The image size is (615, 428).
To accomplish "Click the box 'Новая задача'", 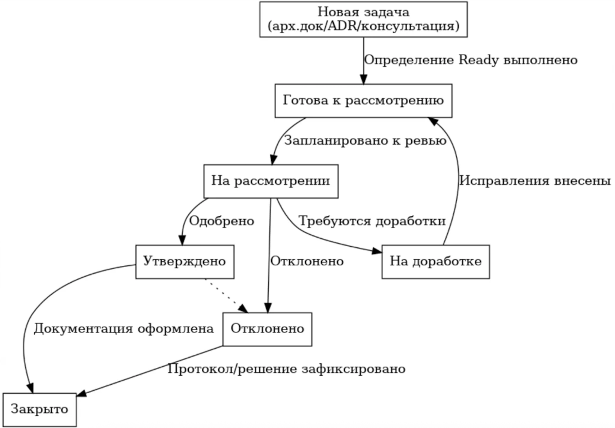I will pos(363,19).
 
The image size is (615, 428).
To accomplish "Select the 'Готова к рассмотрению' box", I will pos(363,100).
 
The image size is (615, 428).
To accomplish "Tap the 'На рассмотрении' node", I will pos(270,181).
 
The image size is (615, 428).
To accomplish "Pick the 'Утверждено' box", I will pos(185,262).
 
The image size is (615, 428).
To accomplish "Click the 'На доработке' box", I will pos(436,262).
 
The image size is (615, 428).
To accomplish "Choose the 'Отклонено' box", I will pos(268,329).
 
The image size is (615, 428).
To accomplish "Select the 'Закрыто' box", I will pos(40,410).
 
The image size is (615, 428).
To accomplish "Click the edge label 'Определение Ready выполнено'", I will pos(471,60).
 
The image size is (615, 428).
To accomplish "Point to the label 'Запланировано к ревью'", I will pos(365,141).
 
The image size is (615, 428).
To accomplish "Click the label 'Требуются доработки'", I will pos(372,221).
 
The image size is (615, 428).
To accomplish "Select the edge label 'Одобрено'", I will pos(222,221).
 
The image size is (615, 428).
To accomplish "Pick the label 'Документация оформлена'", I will pos(123,329).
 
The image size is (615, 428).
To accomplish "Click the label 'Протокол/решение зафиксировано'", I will pos(287,369).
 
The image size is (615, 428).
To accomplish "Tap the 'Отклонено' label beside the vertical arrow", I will pos(307,262).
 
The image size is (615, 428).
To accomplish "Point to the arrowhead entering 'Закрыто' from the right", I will pos(82,394).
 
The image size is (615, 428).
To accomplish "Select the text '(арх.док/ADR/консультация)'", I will pos(363,27).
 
